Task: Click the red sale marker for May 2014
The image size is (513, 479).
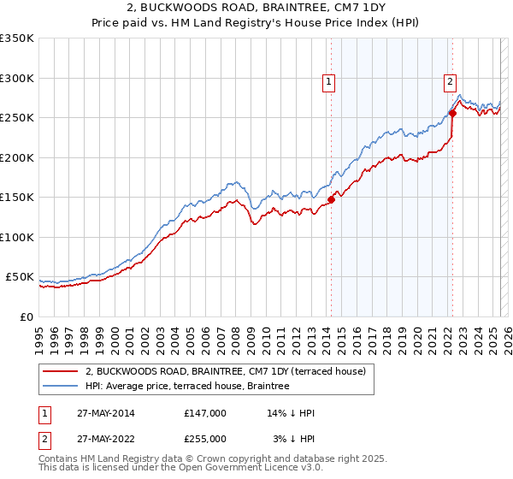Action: point(331,200)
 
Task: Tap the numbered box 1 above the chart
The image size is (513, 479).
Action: point(328,82)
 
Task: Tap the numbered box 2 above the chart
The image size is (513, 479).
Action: point(450,82)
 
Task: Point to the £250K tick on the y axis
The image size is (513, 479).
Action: point(17,118)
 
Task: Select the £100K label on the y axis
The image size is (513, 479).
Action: point(17,237)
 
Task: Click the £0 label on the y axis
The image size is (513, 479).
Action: point(26,316)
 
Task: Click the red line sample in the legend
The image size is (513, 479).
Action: point(61,371)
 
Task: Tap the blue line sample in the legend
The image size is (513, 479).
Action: point(61,386)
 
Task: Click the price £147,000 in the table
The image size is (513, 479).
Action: point(205,413)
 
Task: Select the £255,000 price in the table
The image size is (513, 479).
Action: point(205,439)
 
